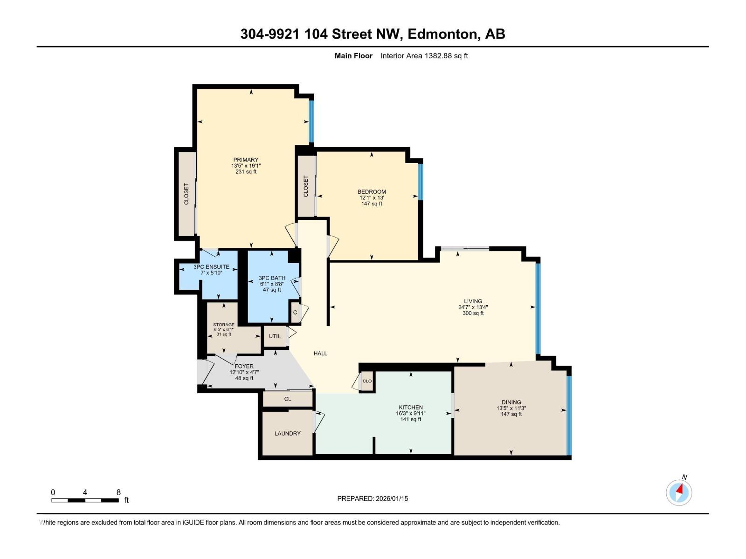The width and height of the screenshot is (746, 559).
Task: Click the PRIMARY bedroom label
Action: point(246,160)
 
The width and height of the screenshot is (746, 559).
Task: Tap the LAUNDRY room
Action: point(287,433)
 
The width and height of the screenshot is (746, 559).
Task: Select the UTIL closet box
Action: point(275,336)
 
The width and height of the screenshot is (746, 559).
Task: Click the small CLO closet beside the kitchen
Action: point(367,381)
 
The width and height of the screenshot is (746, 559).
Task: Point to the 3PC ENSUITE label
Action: point(211,267)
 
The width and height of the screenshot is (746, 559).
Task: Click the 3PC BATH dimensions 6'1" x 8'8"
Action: point(272,284)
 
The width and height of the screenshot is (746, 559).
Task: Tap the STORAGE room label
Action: point(224,325)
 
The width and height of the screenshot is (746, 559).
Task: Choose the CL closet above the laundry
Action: point(288,399)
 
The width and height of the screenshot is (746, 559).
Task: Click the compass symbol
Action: point(679,492)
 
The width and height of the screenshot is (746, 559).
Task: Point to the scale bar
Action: point(85,500)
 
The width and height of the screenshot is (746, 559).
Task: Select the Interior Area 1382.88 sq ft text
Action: point(424,56)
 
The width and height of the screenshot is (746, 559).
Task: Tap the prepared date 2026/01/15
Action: point(392,498)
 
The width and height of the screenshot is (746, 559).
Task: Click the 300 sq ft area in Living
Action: point(473,313)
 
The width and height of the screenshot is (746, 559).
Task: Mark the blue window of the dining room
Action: point(568,415)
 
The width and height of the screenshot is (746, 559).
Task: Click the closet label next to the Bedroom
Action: point(306,186)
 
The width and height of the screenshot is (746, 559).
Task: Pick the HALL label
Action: point(320,353)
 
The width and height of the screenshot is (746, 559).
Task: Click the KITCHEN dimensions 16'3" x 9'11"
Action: point(410,413)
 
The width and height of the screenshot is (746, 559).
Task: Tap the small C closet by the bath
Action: point(295,313)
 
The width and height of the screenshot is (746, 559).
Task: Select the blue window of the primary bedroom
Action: point(311,121)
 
